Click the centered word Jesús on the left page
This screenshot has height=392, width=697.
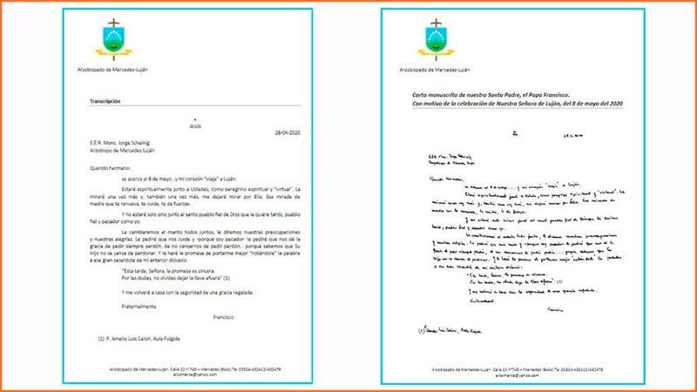point(195,125)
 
